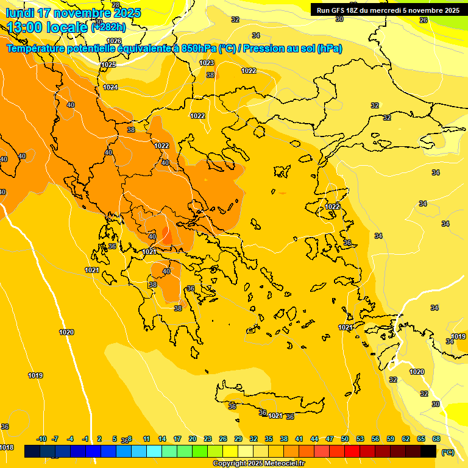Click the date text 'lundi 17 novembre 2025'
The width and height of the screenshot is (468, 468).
(73, 13)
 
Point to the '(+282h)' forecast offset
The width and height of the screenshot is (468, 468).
(108, 27)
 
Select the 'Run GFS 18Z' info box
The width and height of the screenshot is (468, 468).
(388, 10)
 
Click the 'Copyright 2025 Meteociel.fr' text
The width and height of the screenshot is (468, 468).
(259, 464)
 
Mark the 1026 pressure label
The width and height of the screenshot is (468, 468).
(114, 58)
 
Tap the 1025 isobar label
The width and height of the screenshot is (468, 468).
(108, 65)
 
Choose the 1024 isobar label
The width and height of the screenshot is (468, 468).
(110, 87)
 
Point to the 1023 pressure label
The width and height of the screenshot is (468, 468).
(207, 63)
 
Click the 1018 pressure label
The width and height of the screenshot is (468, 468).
(6, 447)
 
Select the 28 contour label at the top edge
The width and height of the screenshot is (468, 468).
(116, 5)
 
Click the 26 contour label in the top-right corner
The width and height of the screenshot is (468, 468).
(424, 19)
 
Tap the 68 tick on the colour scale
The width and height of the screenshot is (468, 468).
(436, 439)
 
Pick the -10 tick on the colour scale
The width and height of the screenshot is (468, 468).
(41, 439)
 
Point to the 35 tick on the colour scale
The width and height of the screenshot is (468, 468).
(269, 439)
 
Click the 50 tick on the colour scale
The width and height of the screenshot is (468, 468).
(345, 439)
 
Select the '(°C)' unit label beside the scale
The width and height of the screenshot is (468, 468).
(448, 452)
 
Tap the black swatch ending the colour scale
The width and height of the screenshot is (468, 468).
(428, 451)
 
